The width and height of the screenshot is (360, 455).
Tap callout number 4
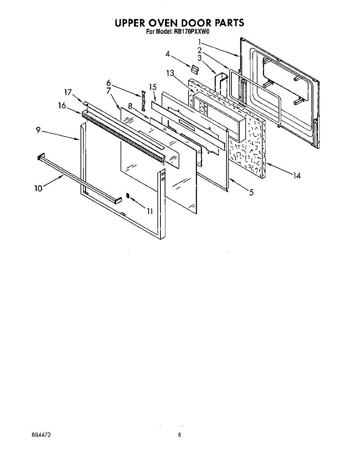coord(167,54)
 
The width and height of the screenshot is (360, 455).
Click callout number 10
coord(39,188)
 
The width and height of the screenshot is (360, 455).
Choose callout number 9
coord(38,130)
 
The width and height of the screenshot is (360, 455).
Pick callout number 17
coord(68,92)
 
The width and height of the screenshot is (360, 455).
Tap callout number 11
coord(150,211)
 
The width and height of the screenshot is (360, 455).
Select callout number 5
coord(251,193)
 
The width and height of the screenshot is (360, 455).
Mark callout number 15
coord(152,87)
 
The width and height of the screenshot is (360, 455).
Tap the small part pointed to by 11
coord(128,196)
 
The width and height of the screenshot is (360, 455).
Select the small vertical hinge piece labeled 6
coord(144,100)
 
